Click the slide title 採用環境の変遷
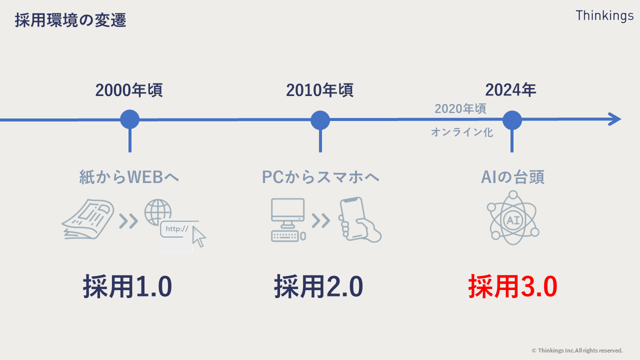[70, 20]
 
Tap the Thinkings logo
[604, 15]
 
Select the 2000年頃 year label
[129, 90]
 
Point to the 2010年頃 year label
[319, 90]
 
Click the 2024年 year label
[510, 90]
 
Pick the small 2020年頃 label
[460, 108]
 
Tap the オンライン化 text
[462, 132]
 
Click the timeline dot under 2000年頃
[129, 120]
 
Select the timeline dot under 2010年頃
[320, 120]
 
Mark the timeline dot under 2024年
[512, 120]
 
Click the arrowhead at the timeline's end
[614, 119]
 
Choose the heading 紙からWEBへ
[129, 177]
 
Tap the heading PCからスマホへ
[320, 177]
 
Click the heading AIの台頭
[512, 177]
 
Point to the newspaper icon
[87, 219]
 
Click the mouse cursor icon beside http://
[199, 236]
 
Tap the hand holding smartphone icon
[358, 219]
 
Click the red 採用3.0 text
[512, 287]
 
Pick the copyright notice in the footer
[577, 350]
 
